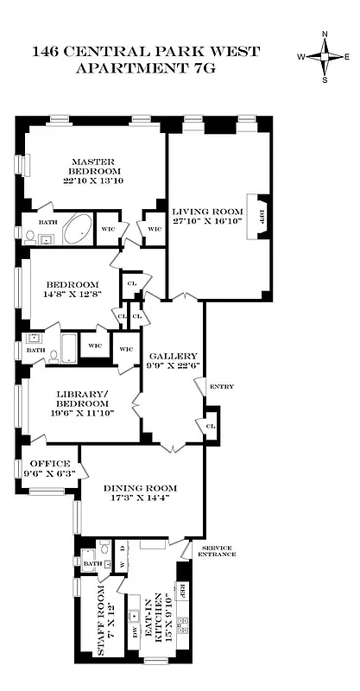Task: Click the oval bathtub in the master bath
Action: (x=79, y=231)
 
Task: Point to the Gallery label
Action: (x=174, y=356)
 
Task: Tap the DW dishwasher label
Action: (x=134, y=631)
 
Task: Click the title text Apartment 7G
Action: (x=145, y=68)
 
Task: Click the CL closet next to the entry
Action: (x=209, y=427)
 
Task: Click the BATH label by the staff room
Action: (x=91, y=565)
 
